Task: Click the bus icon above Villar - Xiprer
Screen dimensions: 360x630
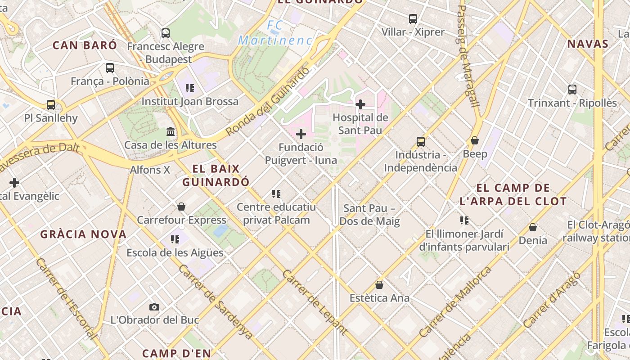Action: (x=413, y=19)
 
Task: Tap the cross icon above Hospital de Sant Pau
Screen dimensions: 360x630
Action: (x=360, y=104)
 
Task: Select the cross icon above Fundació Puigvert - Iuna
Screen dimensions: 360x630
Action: (x=301, y=134)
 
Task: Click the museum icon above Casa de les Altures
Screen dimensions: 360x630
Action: (x=171, y=132)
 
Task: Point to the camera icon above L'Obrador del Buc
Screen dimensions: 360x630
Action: (x=154, y=307)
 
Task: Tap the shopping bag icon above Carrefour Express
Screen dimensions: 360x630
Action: (x=181, y=207)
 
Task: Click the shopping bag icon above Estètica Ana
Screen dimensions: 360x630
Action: (x=379, y=285)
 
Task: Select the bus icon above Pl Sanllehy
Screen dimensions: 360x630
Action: (x=51, y=105)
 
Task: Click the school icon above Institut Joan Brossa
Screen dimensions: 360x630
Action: (x=189, y=88)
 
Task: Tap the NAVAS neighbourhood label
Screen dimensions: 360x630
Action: (x=587, y=44)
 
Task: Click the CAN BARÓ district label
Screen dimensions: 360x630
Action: (x=85, y=45)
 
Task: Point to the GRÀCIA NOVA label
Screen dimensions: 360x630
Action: (x=83, y=234)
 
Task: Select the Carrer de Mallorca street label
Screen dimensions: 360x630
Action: (x=455, y=302)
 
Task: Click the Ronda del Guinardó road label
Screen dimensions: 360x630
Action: (x=268, y=101)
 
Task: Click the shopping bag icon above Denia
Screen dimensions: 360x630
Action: (x=532, y=227)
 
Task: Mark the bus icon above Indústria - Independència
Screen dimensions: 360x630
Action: (x=420, y=142)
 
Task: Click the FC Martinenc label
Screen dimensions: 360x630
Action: (x=275, y=33)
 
